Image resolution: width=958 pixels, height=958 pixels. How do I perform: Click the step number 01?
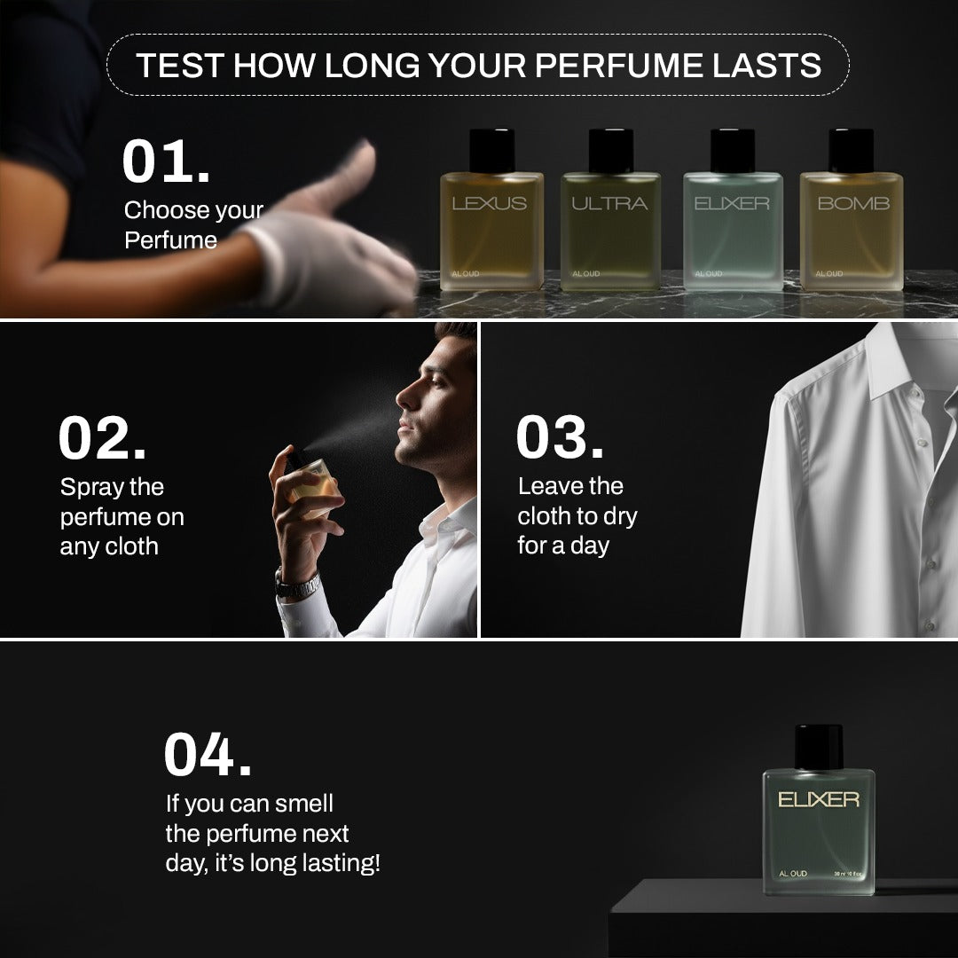pyautogui.click(x=165, y=161)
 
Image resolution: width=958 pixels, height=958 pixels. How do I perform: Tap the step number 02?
pyautogui.click(x=102, y=439)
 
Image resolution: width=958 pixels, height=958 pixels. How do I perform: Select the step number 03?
pyautogui.click(x=560, y=438)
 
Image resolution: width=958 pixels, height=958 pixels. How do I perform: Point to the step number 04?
pyautogui.click(x=208, y=755)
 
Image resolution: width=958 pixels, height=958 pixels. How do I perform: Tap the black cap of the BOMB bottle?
pyautogui.click(x=851, y=151)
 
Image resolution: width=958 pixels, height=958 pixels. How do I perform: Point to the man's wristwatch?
pyautogui.click(x=298, y=585)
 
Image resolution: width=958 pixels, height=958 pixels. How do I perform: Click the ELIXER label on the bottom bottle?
pyautogui.click(x=818, y=800)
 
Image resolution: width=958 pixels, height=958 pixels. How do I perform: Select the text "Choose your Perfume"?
pyautogui.click(x=193, y=224)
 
